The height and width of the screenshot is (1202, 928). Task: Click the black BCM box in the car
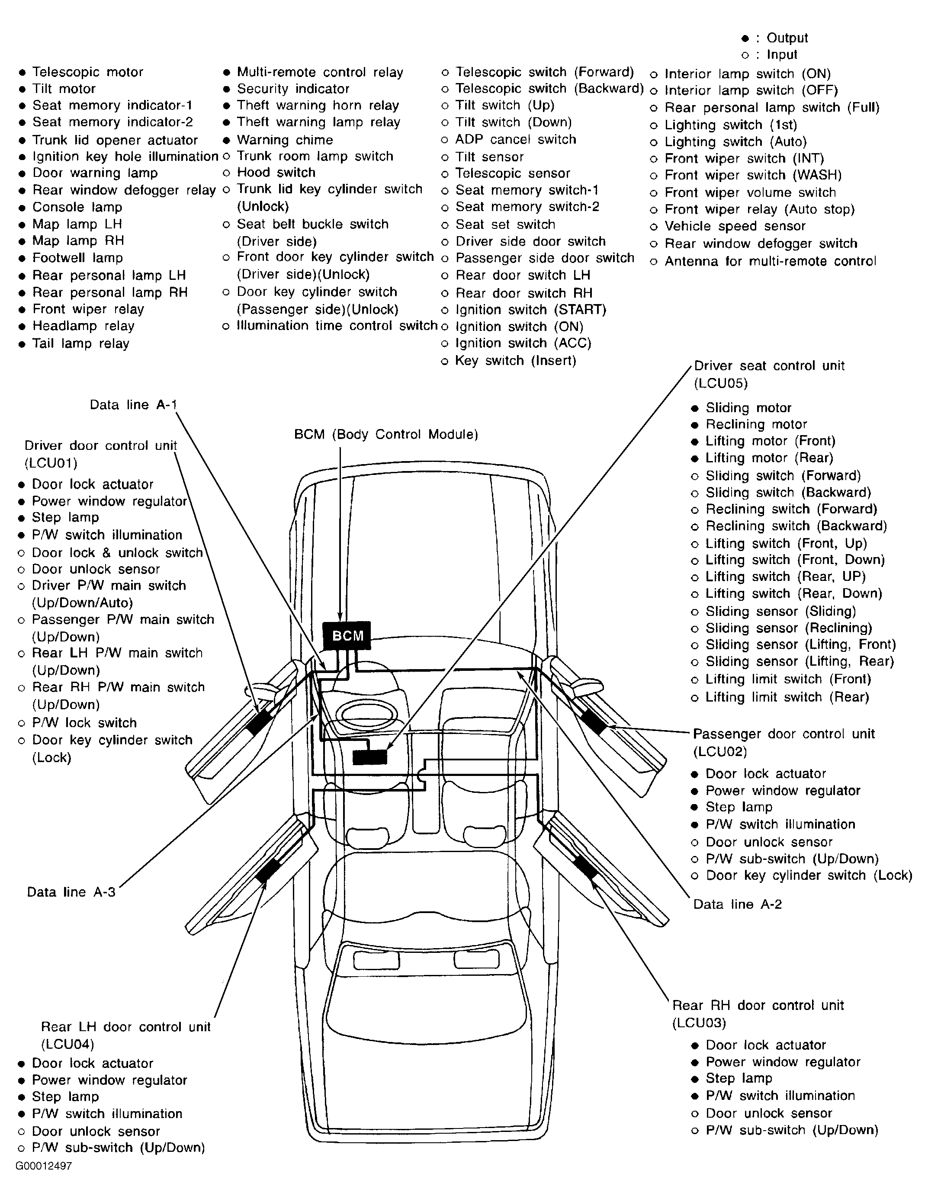[347, 636]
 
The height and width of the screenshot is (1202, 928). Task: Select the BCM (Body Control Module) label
[386, 434]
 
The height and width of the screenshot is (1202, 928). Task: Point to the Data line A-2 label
[737, 904]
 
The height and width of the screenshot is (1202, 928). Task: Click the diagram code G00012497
[44, 1166]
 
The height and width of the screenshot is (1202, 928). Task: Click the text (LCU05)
[720, 383]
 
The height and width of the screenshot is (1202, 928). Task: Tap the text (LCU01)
[51, 463]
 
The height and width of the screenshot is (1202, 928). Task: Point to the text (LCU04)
[67, 1044]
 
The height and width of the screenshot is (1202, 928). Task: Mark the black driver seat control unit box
[370, 757]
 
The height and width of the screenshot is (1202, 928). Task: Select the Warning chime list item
[285, 140]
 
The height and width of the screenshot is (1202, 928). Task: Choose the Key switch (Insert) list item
[515, 360]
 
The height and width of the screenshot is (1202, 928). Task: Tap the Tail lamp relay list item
[80, 343]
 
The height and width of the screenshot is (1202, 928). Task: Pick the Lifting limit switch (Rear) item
[787, 697]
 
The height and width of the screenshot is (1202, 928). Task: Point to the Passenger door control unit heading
[783, 734]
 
